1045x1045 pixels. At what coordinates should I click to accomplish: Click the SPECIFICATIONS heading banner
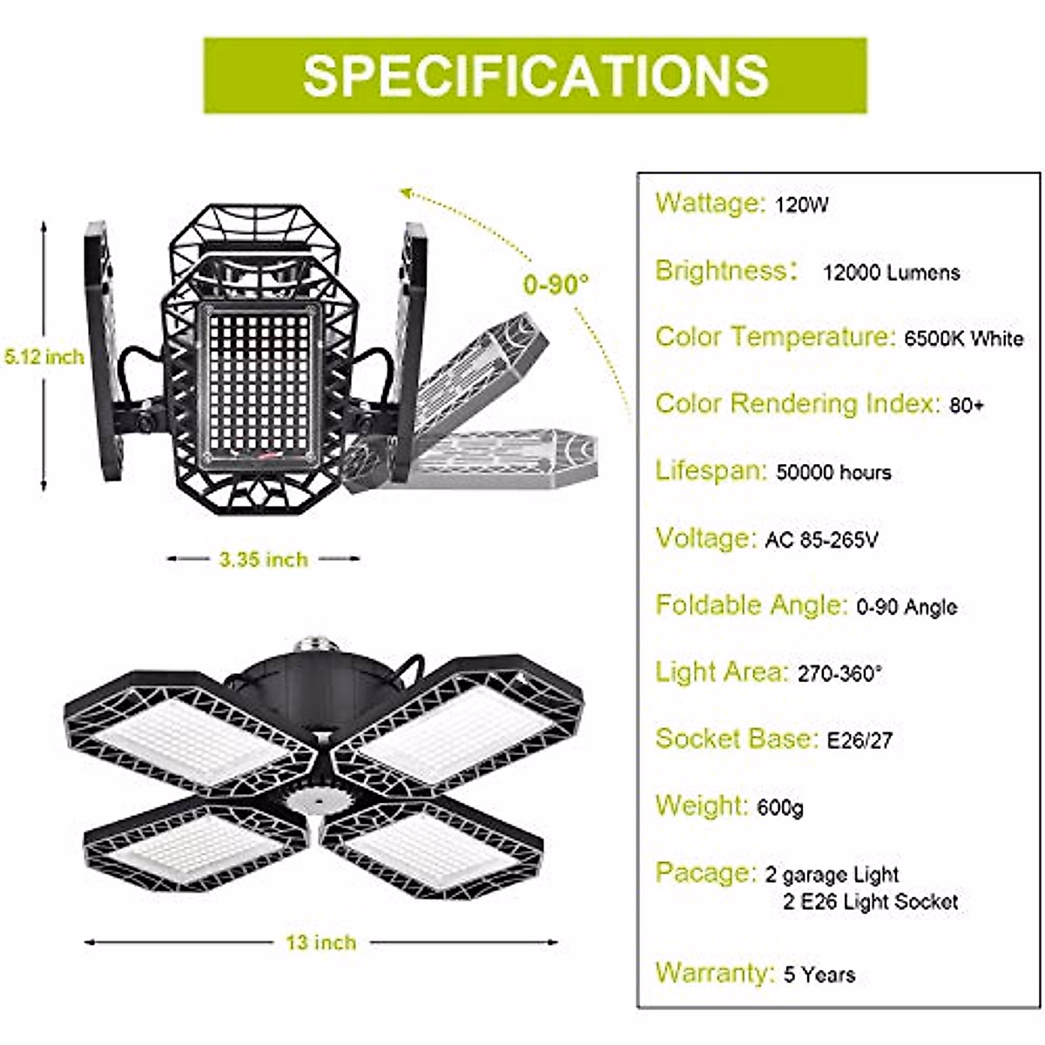point(535,75)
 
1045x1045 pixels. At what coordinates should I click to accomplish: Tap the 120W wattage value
point(801,206)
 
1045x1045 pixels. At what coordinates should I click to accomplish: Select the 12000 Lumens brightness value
point(891,273)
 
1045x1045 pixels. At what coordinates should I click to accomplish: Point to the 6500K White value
point(964,339)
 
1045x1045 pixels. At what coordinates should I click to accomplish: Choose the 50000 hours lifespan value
point(833,473)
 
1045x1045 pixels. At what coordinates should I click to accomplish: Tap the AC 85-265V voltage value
point(821,540)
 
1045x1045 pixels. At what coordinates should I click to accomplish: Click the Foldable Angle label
point(751,605)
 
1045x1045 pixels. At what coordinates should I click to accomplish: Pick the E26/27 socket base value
point(860,741)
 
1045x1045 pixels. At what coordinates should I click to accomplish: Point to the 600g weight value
point(780,808)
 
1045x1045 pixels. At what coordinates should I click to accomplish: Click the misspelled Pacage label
point(705,873)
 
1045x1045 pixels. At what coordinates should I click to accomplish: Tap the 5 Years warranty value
point(819,974)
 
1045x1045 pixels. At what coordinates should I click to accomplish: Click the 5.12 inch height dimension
point(44,356)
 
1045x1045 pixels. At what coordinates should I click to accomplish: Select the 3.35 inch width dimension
point(263,559)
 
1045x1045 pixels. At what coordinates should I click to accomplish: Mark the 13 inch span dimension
point(320,942)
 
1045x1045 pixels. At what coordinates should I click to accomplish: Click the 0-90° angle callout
point(556,284)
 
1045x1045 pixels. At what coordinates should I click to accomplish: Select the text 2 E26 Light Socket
point(870,902)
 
